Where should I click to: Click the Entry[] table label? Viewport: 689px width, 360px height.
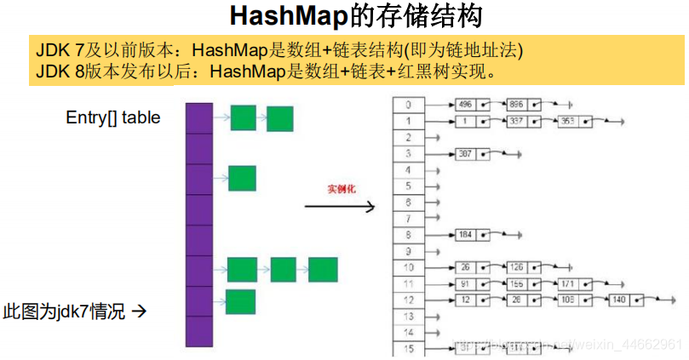112,118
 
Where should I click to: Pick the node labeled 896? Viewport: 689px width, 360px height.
516,106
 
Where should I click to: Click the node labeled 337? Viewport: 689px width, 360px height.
516,122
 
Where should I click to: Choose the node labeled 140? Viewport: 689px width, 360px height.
620,300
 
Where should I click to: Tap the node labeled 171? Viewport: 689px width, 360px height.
568,284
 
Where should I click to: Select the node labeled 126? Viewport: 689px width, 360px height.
517,268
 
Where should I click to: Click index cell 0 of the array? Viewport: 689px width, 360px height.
410,106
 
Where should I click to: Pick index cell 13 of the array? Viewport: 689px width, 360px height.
410,317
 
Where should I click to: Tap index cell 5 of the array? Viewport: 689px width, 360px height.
410,186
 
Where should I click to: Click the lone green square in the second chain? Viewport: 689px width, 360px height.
242,178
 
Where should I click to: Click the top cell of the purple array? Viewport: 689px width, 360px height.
199,117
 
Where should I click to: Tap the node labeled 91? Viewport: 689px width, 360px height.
465,284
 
